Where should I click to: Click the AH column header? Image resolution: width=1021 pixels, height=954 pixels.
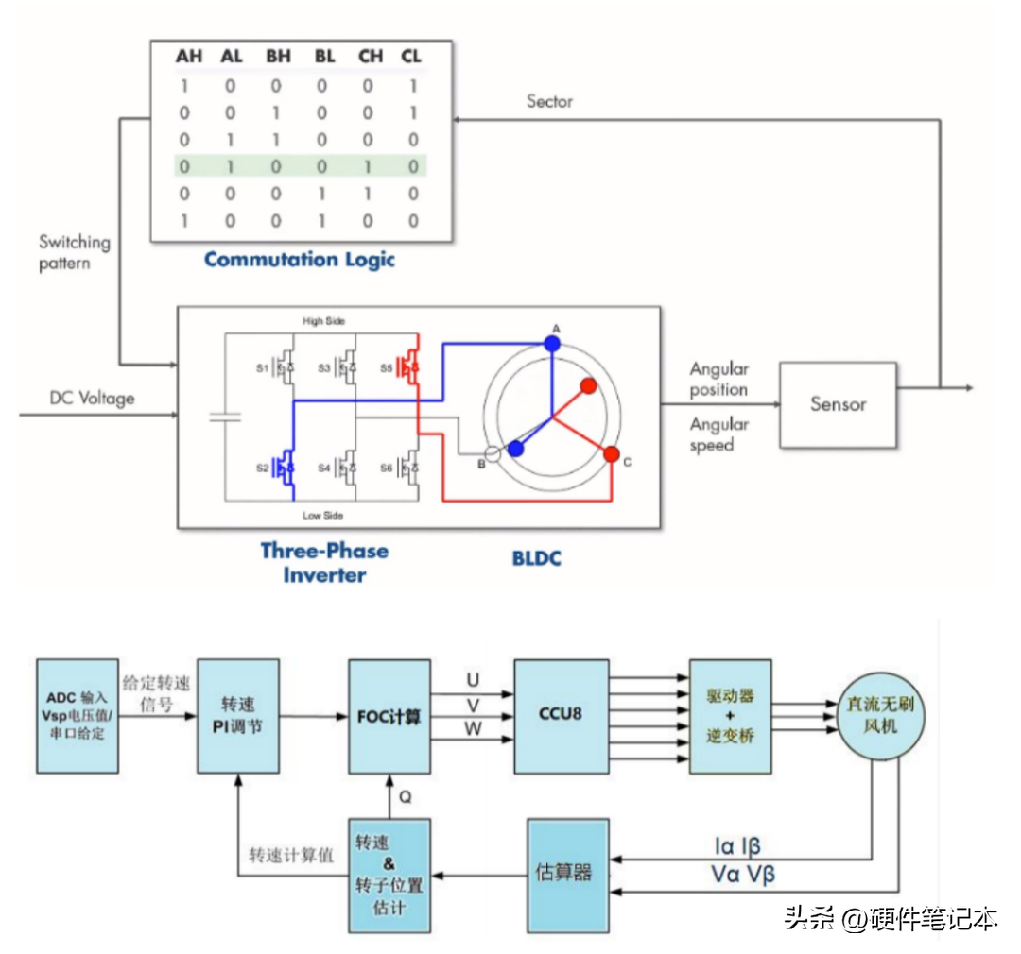click(x=189, y=57)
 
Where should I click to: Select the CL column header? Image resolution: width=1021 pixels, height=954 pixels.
click(x=411, y=57)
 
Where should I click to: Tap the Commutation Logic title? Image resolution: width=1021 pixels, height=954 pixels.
click(x=300, y=259)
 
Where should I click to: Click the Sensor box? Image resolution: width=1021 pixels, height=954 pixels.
click(x=838, y=404)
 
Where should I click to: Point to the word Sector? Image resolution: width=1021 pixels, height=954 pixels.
click(x=549, y=101)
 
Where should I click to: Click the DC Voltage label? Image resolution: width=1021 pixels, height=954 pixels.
click(x=92, y=399)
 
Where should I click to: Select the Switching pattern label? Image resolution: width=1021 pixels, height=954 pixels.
click(x=74, y=252)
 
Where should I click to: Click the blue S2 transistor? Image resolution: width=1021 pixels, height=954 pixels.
click(x=285, y=466)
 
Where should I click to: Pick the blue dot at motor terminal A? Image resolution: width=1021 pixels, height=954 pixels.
click(x=552, y=344)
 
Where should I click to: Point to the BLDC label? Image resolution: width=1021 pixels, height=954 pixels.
click(x=536, y=558)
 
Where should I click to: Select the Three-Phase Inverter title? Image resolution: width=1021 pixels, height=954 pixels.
click(x=324, y=562)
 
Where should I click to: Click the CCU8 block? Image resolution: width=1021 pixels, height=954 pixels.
click(x=561, y=715)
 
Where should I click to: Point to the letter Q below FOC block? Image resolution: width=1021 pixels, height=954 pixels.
click(x=405, y=796)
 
